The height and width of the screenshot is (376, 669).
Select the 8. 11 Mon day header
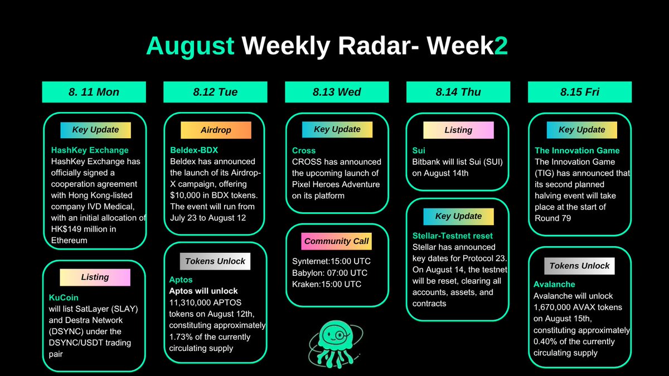[x=94, y=92]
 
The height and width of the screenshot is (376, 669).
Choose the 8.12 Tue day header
[x=215, y=92]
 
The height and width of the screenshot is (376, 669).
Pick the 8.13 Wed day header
[x=337, y=92]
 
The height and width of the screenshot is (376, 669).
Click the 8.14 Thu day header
[x=458, y=92]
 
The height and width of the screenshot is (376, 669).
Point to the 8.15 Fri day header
[x=580, y=92]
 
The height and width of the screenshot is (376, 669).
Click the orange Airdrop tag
[x=215, y=130]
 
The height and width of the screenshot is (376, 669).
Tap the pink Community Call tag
[x=337, y=242]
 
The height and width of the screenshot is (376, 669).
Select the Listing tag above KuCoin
[x=95, y=277]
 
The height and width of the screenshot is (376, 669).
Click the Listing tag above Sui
[x=458, y=130]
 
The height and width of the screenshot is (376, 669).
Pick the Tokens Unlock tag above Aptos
[x=215, y=261]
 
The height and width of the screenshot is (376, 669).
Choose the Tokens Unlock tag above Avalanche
[x=580, y=266]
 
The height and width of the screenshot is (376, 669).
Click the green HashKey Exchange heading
[x=90, y=150]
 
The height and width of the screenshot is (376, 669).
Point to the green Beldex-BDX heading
[x=194, y=150]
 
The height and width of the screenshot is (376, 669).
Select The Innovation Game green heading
[x=577, y=150]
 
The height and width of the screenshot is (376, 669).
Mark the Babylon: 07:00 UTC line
[x=329, y=273]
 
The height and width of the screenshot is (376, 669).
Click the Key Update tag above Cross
[x=337, y=129]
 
